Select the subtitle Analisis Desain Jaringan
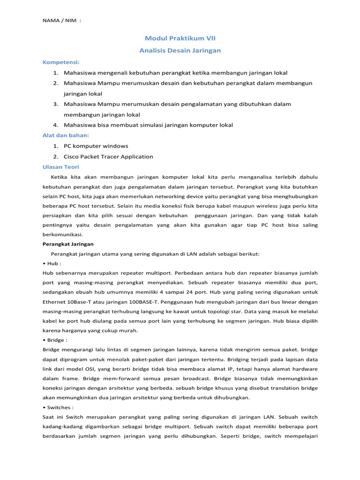[x=180, y=50]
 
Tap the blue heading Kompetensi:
[x=61, y=62]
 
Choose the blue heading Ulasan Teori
[x=61, y=166]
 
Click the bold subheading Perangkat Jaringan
[x=68, y=244]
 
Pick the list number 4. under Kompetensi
[x=55, y=125]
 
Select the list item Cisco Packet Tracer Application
[x=108, y=157]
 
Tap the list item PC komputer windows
[x=96, y=146]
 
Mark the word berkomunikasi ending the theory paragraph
[x=63, y=234]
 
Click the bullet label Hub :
[x=52, y=263]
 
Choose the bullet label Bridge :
[x=55, y=340]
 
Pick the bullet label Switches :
[x=58, y=407]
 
